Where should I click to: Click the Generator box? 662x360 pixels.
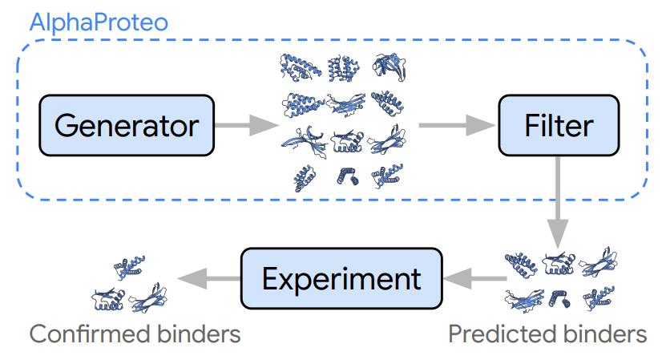127,125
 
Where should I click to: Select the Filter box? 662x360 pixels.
559,125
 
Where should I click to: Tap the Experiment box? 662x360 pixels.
341,278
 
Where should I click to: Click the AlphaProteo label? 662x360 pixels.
99,22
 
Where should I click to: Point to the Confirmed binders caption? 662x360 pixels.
135,334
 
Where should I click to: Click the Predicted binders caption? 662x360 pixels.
547,334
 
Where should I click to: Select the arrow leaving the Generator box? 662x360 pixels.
244,125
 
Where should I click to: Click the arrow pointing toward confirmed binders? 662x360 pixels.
208,278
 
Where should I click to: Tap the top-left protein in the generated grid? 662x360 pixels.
299,67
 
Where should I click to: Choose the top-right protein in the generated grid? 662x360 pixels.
387,67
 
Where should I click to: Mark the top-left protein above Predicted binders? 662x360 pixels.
521,265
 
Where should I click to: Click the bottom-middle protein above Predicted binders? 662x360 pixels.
560,297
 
